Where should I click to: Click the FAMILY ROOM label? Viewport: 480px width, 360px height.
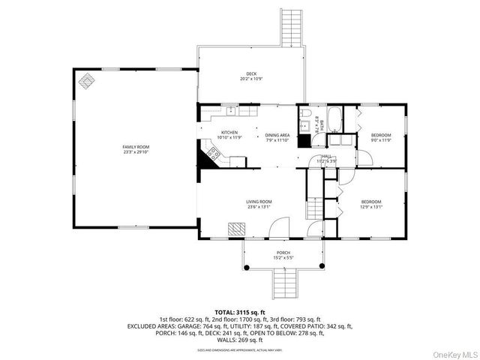tap(136, 146)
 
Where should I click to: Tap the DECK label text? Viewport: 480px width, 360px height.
tap(251, 73)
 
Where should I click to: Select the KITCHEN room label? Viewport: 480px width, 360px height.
tap(229, 133)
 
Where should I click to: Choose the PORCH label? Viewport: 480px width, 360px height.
tap(283, 253)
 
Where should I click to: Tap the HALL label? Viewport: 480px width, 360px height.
tap(327, 156)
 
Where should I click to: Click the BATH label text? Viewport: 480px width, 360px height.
tap(316, 120)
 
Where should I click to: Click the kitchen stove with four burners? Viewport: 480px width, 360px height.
tap(214, 156)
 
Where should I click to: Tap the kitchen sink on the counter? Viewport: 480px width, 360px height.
tap(232, 112)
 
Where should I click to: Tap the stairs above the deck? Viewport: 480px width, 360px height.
tap(290, 27)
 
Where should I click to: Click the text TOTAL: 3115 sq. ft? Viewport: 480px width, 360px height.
tap(240, 311)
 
